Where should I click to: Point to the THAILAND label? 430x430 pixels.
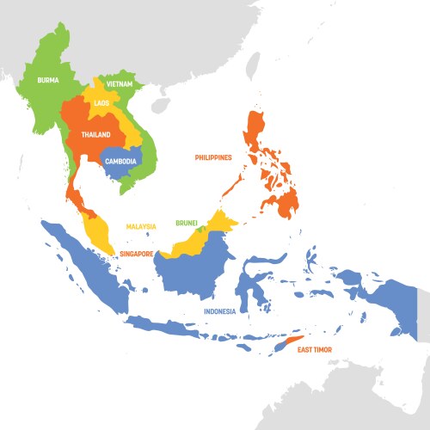click(96, 135)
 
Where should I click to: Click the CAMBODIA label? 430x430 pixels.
click(121, 161)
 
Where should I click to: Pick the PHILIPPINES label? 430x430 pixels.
click(213, 157)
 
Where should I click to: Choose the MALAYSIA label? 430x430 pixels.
click(141, 226)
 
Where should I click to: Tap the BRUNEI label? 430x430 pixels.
click(187, 223)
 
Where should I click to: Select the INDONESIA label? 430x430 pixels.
click(220, 310)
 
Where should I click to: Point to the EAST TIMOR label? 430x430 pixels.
click(314, 350)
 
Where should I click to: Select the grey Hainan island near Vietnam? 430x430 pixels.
click(160, 104)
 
